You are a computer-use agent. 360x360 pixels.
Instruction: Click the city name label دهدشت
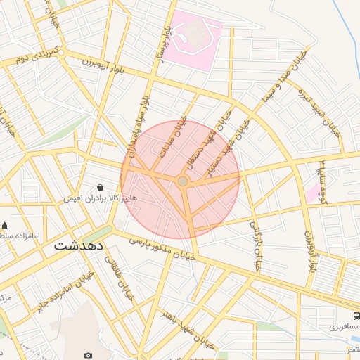click(79, 246)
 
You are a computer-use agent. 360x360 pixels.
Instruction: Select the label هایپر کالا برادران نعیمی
click(91, 198)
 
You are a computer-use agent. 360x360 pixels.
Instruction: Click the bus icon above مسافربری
click(356, 316)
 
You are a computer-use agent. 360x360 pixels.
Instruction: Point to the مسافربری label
click(344, 327)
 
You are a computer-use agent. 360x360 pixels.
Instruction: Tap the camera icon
click(88, 356)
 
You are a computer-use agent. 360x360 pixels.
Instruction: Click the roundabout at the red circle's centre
click(183, 181)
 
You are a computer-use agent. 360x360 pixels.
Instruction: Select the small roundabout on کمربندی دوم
click(62, 53)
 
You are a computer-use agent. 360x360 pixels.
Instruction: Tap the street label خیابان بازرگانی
click(254, 245)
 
